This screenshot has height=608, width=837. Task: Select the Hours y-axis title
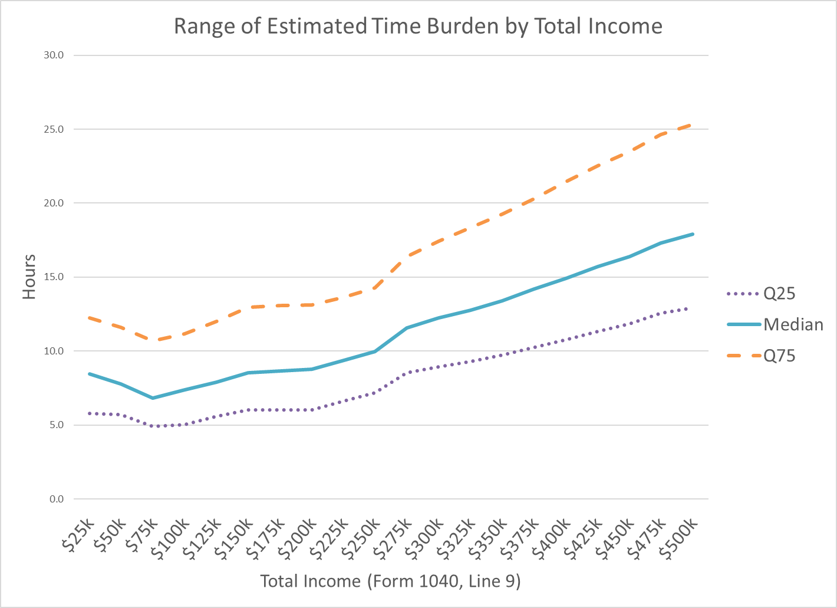(29, 277)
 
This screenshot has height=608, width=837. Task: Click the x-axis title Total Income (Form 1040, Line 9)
(390, 581)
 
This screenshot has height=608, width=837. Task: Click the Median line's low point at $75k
(153, 398)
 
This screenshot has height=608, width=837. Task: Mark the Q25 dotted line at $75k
(153, 426)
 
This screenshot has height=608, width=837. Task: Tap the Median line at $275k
(407, 328)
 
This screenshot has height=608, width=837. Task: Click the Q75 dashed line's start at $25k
(89, 318)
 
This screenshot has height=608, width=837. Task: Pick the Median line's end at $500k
(693, 234)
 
